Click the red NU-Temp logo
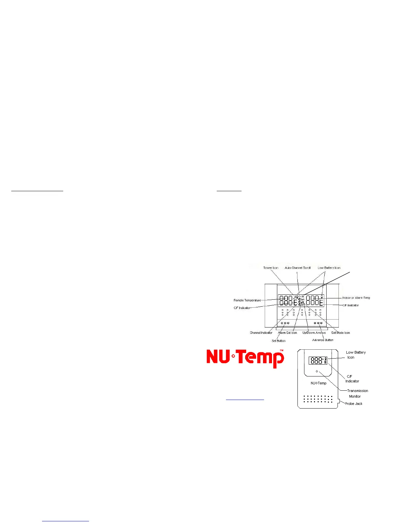pos(245,358)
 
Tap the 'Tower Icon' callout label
pos(271,268)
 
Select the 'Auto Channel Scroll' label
pos(297,268)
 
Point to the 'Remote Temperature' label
pos(247,300)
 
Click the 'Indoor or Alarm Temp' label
pos(356,298)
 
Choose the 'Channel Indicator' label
pos(261,333)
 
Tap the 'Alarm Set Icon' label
pos(287,333)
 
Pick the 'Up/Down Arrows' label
pos(314,333)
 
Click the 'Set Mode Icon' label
pos(340,333)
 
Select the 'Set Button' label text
pos(278,341)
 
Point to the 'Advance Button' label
pos(323,340)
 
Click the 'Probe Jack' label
pos(353,404)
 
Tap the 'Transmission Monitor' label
pos(357,393)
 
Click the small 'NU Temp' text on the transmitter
pos(318,383)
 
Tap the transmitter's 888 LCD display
pos(317,361)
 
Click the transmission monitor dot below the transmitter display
pos(317,371)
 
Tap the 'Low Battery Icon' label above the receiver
pos(329,268)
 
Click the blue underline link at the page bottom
pos(66,521)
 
